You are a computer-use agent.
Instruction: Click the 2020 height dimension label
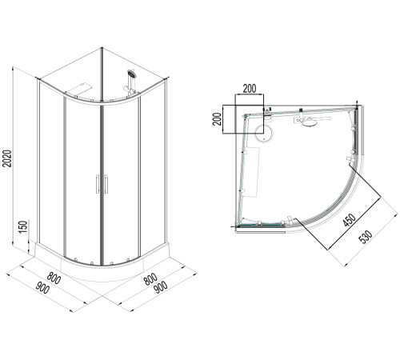pyautogui.click(x=7, y=158)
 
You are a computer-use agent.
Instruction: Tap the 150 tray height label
pyautogui.click(x=23, y=226)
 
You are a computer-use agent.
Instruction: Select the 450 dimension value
pyautogui.click(x=350, y=220)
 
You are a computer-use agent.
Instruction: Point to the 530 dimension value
pyautogui.click(x=366, y=237)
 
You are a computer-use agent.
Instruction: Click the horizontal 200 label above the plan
pyautogui.click(x=250, y=89)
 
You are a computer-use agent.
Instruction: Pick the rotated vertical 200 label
pyautogui.click(x=218, y=119)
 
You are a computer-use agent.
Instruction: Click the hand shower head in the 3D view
pyautogui.click(x=131, y=74)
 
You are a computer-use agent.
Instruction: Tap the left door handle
pyautogui.click(x=98, y=184)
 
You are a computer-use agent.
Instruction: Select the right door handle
pyautogui.click(x=106, y=184)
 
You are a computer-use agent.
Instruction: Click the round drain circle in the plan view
pyautogui.click(x=263, y=133)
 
